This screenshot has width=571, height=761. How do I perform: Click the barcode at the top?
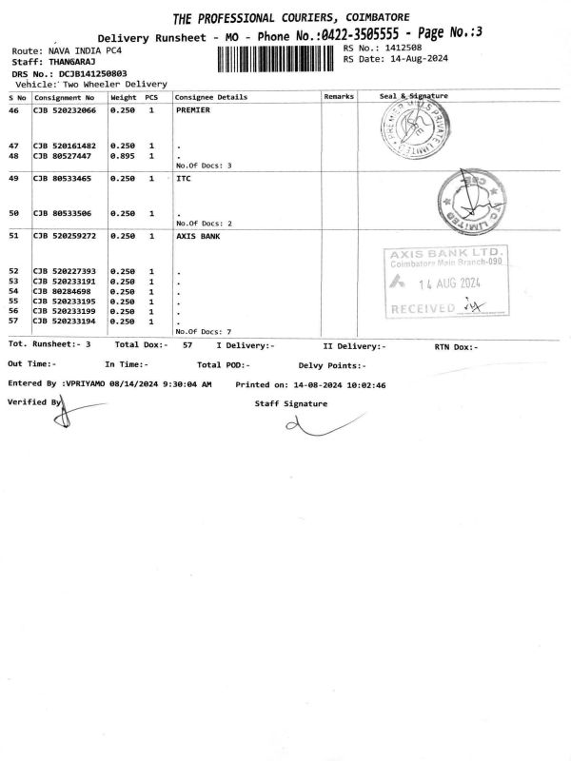[x=277, y=59]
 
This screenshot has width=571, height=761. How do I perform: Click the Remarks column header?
[x=339, y=97]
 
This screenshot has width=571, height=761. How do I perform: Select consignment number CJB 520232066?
[x=65, y=110]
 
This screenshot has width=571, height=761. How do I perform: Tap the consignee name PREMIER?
[x=193, y=110]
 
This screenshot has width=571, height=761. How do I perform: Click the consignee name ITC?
[x=184, y=179]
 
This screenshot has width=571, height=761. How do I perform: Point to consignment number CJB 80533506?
[x=62, y=213]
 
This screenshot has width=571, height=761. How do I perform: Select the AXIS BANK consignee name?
[x=198, y=236]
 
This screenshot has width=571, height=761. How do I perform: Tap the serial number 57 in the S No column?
[x=13, y=322]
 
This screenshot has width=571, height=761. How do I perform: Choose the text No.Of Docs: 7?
[x=204, y=331]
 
